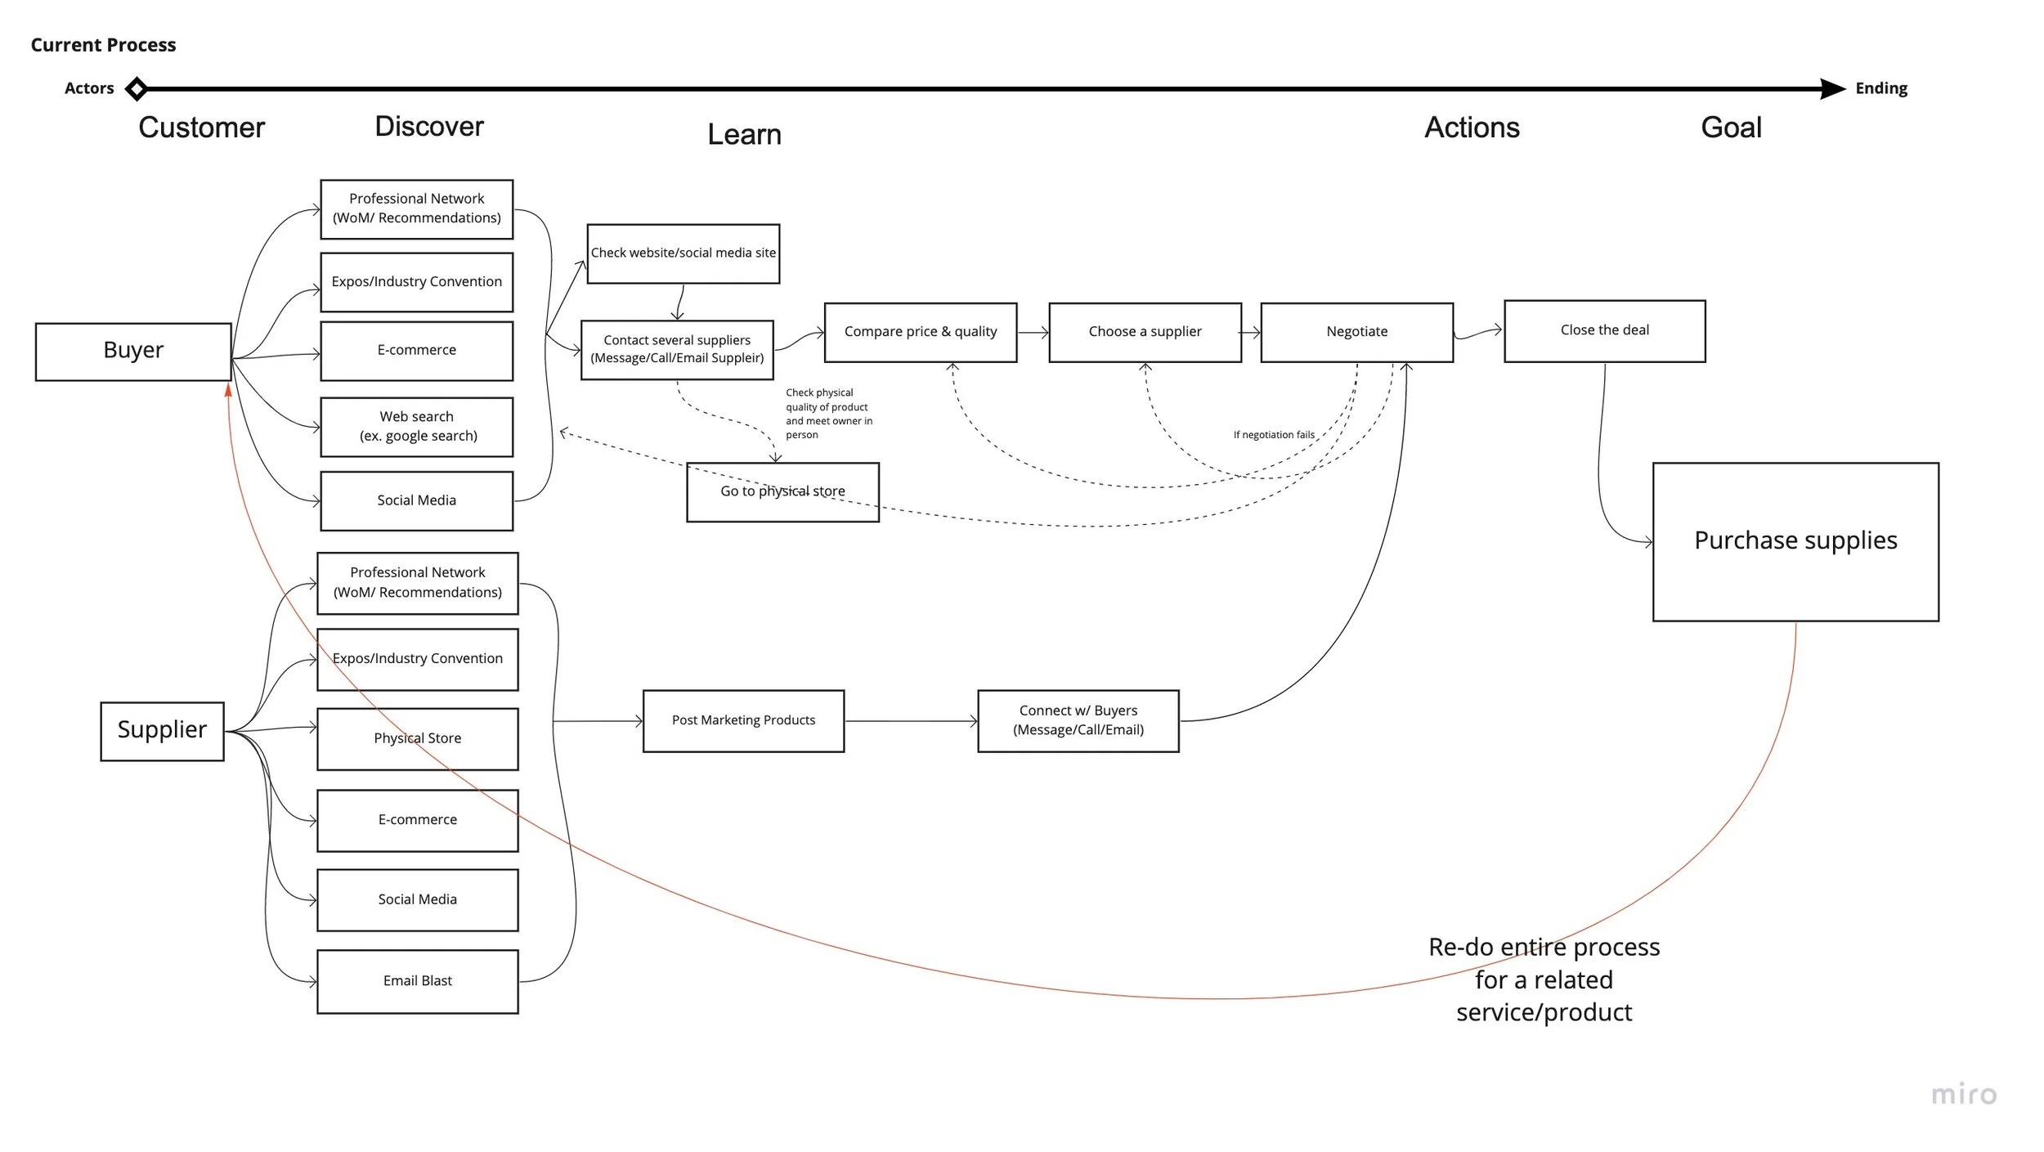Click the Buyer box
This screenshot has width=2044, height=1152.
click(x=133, y=352)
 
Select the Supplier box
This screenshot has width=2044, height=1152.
click(x=162, y=731)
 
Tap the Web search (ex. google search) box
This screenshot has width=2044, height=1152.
click(x=416, y=427)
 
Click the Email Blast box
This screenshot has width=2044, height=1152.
click(x=417, y=981)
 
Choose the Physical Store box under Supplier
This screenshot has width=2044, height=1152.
click(x=417, y=739)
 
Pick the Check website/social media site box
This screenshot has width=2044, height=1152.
click(x=683, y=253)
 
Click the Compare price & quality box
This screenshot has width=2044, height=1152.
click(x=920, y=332)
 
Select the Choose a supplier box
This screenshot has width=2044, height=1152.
click(x=1145, y=332)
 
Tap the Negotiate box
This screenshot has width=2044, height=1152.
click(x=1356, y=332)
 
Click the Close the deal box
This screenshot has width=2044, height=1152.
click(x=1604, y=330)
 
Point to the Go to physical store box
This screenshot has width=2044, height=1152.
click(x=782, y=492)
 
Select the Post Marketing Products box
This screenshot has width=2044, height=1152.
click(x=743, y=721)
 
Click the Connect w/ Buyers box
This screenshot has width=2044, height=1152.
click(x=1078, y=721)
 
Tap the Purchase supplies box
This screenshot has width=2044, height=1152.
click(x=1795, y=541)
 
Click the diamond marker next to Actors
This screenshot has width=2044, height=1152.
click(x=137, y=88)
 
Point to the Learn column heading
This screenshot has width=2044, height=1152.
click(x=744, y=135)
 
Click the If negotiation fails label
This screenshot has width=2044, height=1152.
click(x=1273, y=435)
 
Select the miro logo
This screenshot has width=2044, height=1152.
click(x=1963, y=1094)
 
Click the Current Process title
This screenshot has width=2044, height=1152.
click(x=103, y=45)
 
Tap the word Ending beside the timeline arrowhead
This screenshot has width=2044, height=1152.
click(x=1880, y=88)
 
